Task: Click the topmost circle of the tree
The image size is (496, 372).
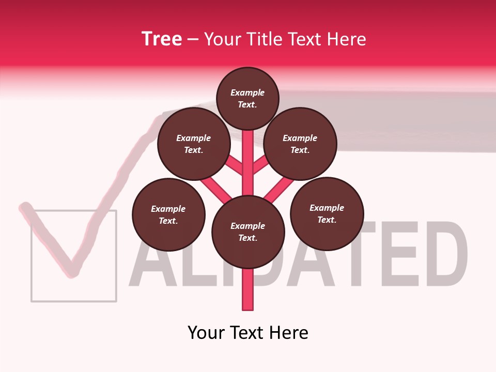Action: click(x=247, y=98)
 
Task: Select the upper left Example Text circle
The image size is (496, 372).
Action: click(x=194, y=144)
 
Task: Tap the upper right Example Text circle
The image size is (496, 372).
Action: click(x=300, y=144)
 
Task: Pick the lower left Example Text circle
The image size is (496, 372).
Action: click(x=168, y=214)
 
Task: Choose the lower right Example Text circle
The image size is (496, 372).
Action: click(x=327, y=213)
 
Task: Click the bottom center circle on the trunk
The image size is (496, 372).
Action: click(x=248, y=232)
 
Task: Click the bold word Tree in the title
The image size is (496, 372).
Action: click(x=162, y=39)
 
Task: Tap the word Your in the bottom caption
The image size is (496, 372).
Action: click(x=207, y=332)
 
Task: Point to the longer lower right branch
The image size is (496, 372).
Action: click(x=280, y=189)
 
